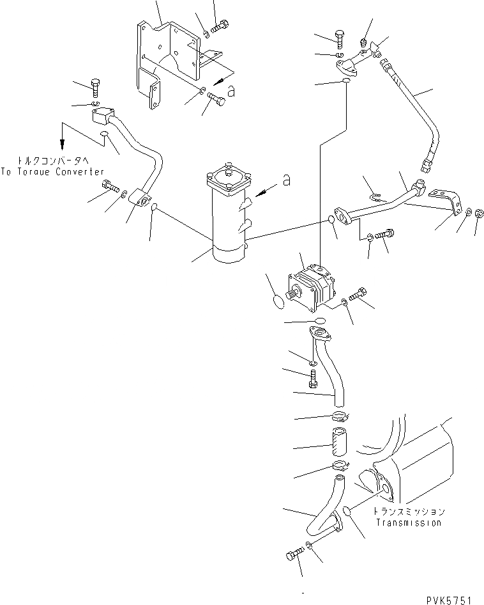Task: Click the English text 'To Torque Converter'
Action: coord(52,171)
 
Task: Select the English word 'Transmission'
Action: coord(408,522)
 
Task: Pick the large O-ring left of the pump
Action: coord(279,300)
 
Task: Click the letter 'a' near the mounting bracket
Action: coord(232,92)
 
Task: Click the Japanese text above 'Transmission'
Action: coord(409,512)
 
